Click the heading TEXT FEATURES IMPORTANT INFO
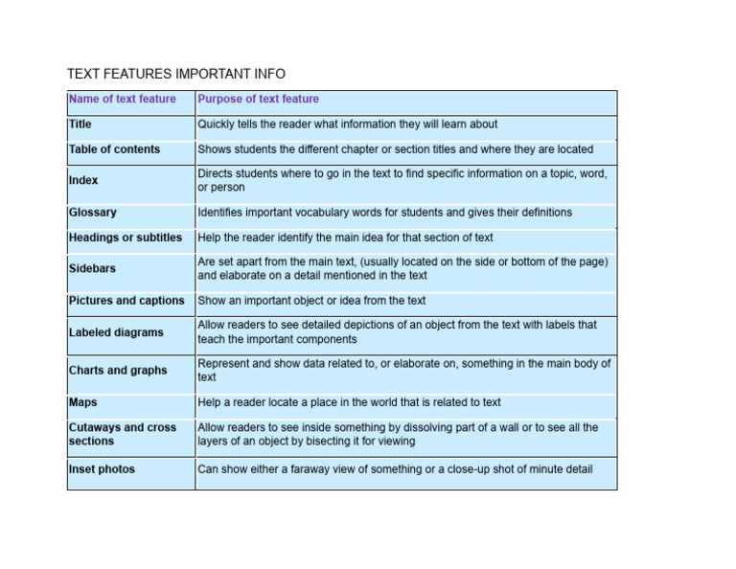coord(176,74)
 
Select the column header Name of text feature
coord(123,99)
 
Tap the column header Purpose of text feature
coord(258,99)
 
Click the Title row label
coord(80,125)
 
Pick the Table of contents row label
coord(115,149)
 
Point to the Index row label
coord(83,180)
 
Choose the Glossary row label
coord(93,213)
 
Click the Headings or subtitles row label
coord(126,238)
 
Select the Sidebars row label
coord(92,269)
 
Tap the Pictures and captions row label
coord(126,301)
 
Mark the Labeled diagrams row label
coord(116,332)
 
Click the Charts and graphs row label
coord(118,371)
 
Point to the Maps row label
coord(83,402)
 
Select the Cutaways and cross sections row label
coord(123,434)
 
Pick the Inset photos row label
coord(102,469)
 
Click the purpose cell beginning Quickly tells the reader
coord(348,125)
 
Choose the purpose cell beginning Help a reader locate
coord(349,402)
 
